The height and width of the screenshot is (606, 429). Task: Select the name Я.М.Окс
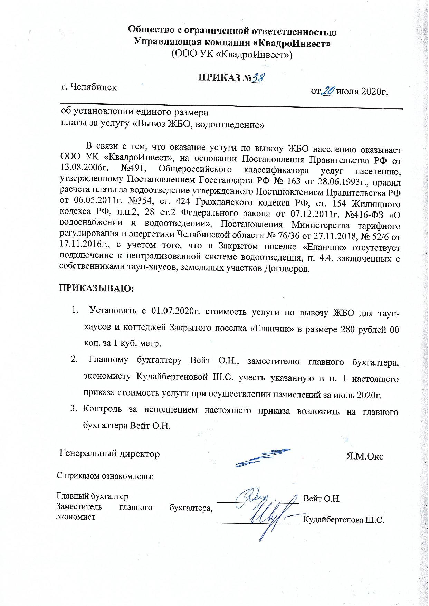point(364,456)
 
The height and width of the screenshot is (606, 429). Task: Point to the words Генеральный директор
point(110,453)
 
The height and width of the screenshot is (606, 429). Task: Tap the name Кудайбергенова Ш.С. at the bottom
point(343,520)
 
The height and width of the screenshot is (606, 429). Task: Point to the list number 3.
point(73,409)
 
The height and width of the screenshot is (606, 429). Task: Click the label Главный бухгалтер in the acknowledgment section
point(92,496)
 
